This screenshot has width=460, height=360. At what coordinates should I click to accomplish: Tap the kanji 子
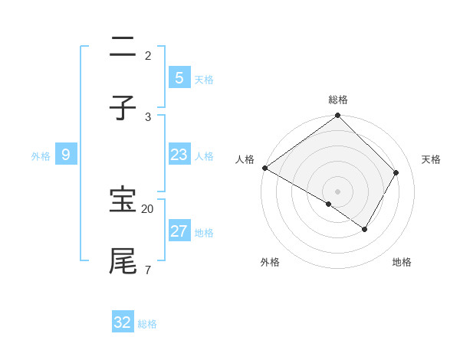[x=123, y=109]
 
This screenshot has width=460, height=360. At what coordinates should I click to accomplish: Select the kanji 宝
[x=123, y=200]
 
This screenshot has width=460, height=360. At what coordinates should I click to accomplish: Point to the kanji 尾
[x=123, y=261]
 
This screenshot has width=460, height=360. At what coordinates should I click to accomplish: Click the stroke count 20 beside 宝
[x=148, y=208]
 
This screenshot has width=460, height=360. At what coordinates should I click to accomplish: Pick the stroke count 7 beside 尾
[x=147, y=270]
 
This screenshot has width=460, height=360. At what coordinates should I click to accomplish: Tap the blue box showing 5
[x=179, y=77]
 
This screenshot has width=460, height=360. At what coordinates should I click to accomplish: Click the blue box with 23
[x=179, y=155]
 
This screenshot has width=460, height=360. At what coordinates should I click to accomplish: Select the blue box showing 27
[x=179, y=231]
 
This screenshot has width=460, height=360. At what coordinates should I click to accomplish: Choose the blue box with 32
[x=123, y=322]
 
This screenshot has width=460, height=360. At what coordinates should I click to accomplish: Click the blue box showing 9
[x=66, y=155]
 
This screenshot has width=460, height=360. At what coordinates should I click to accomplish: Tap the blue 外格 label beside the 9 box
[x=41, y=155]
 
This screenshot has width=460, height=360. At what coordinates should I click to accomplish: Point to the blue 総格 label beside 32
[x=147, y=324]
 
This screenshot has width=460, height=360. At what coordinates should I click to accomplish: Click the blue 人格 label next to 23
[x=204, y=155]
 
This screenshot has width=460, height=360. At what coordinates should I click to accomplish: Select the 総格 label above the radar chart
[x=338, y=100]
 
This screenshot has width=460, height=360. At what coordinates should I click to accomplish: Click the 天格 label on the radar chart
[x=431, y=159]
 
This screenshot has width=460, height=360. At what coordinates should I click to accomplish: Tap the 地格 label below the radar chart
[x=402, y=262]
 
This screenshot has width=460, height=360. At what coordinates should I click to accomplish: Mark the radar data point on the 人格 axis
[x=264, y=168]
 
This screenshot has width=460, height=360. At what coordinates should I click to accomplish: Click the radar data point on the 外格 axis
[x=329, y=204]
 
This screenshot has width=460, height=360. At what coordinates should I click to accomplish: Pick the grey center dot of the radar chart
[x=338, y=191]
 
